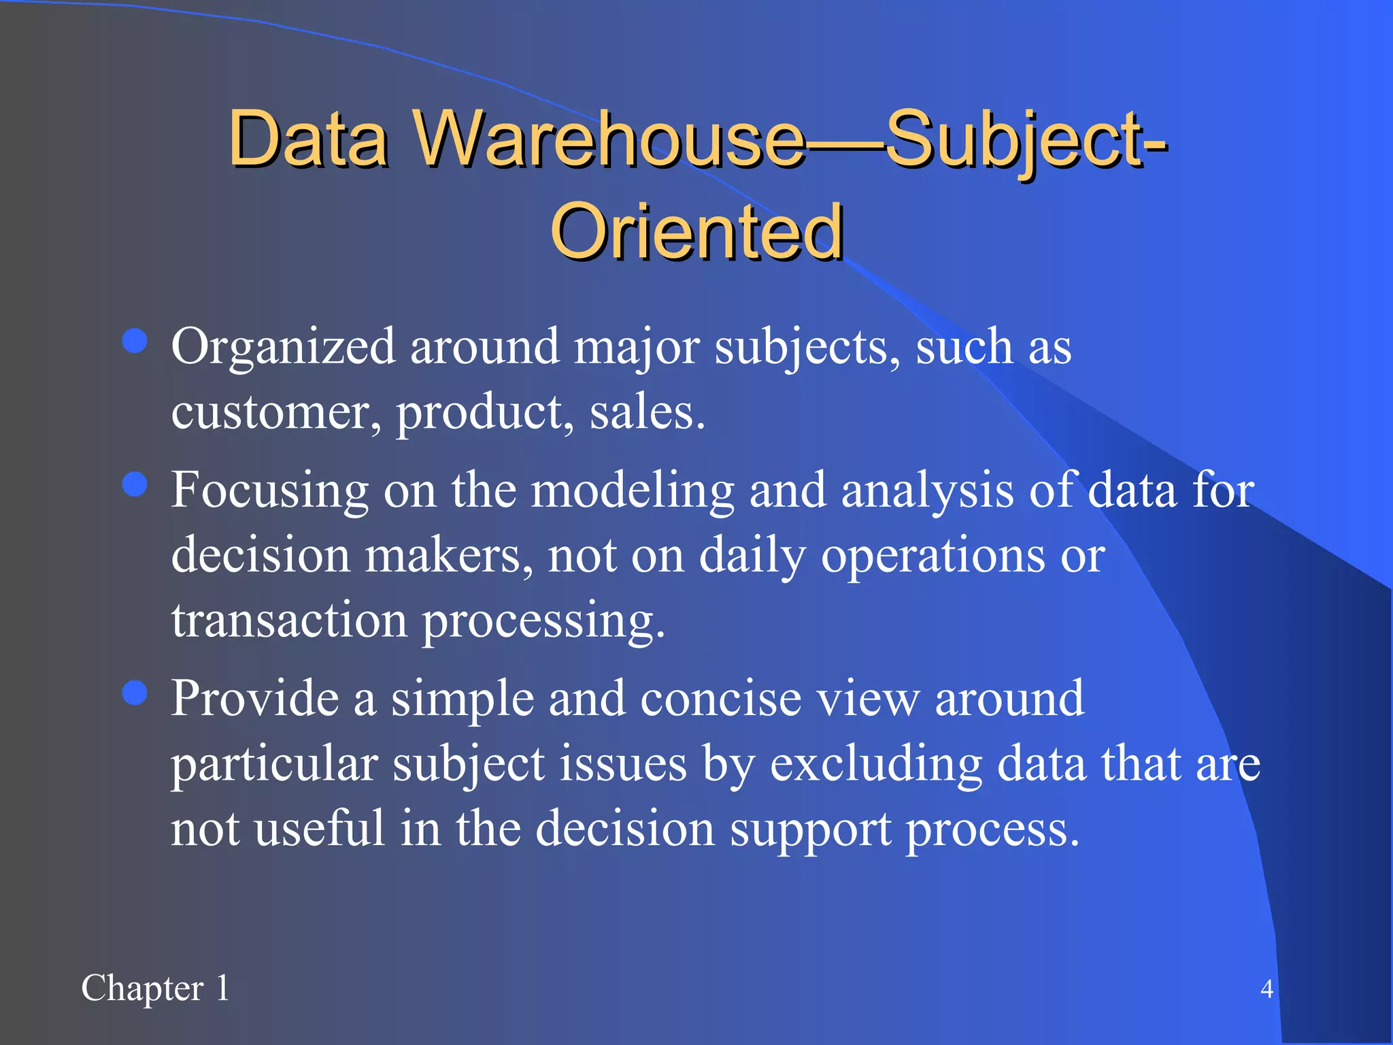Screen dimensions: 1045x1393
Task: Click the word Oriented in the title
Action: [x=696, y=233]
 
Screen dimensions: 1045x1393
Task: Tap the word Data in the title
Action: [x=307, y=139]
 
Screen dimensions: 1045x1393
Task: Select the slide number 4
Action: [x=1266, y=989]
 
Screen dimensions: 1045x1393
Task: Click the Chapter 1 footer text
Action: [x=155, y=988]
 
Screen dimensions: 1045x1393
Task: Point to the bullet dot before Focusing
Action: [x=135, y=484]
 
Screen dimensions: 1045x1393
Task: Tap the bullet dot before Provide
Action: [x=135, y=693]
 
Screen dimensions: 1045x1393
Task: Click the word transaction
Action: [x=289, y=620]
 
